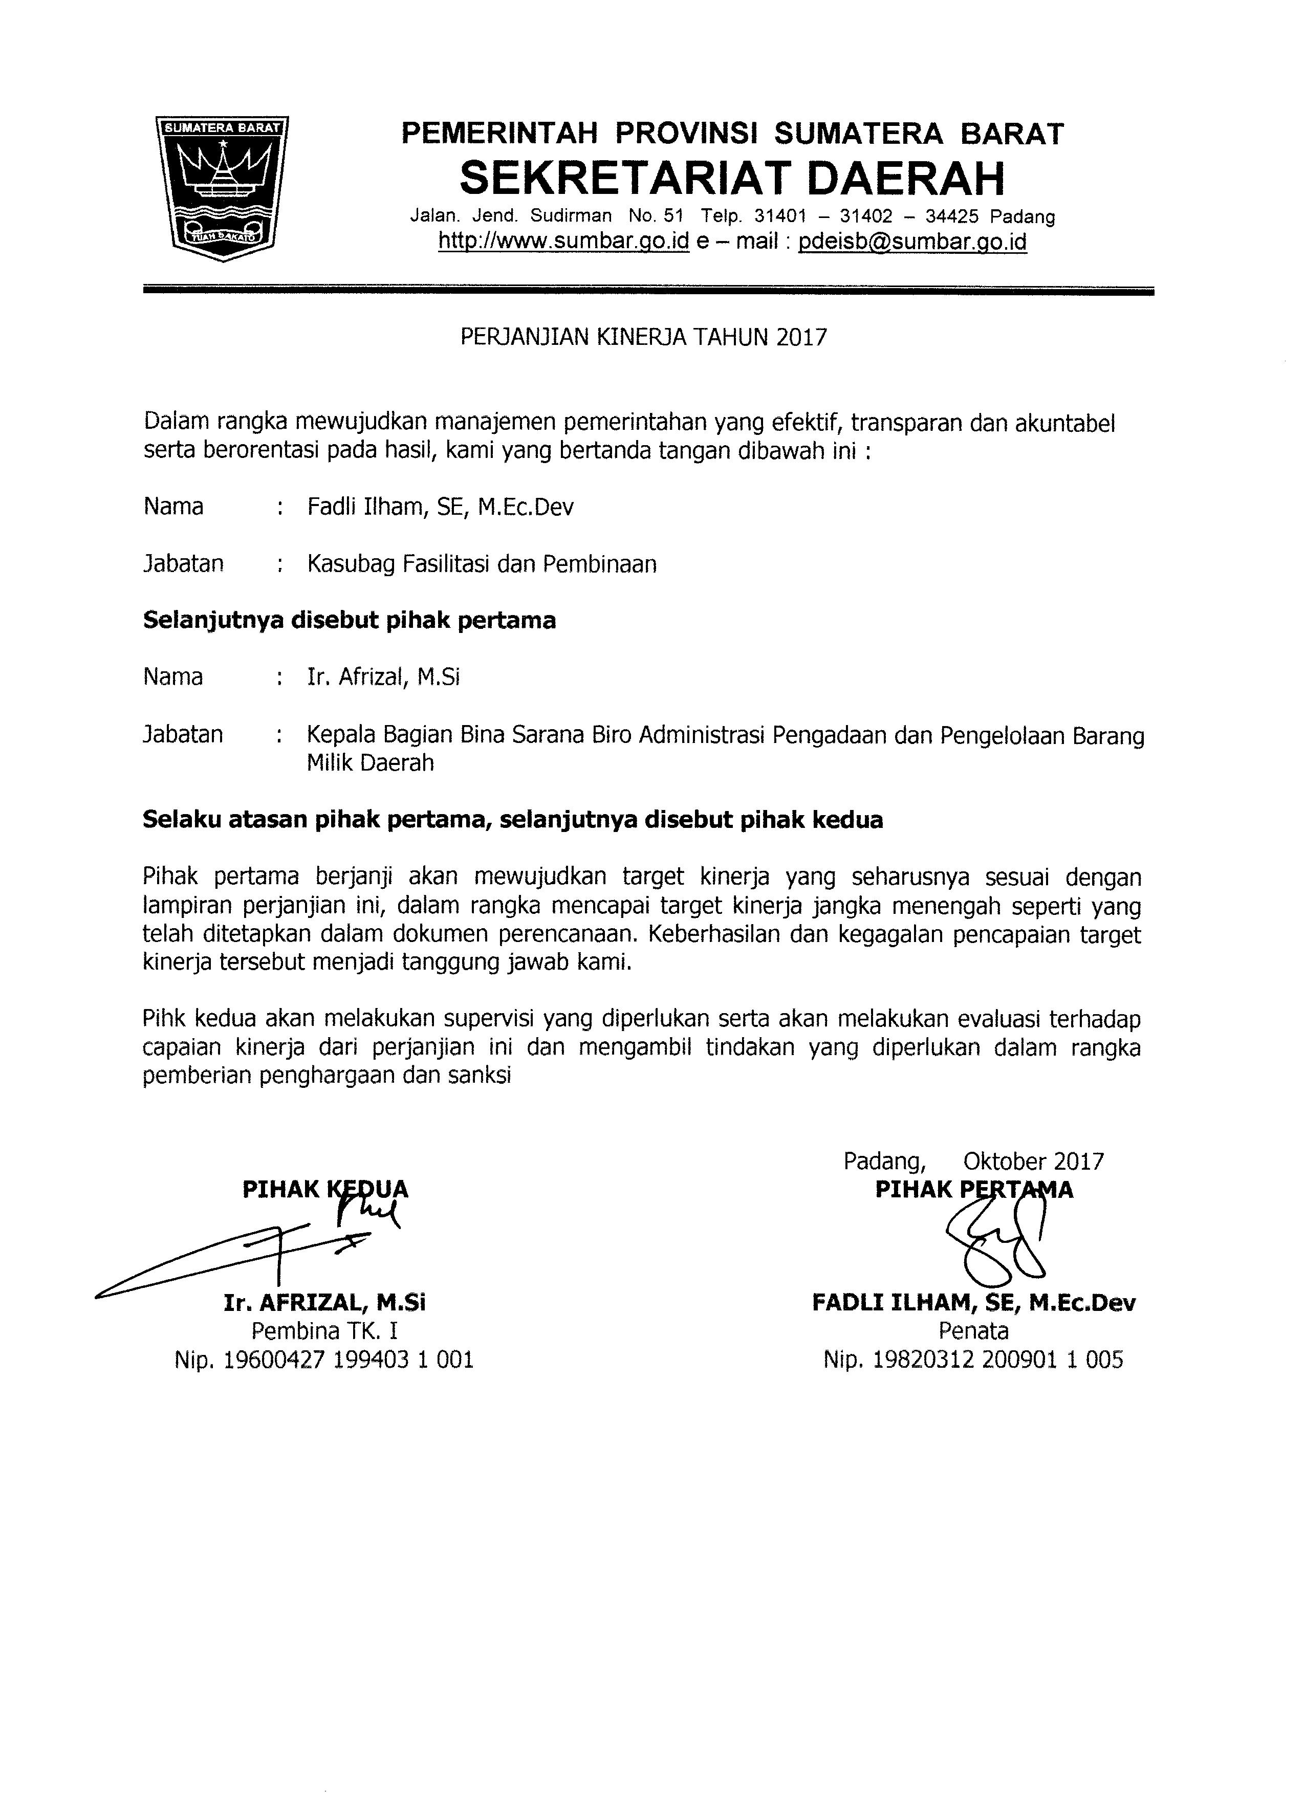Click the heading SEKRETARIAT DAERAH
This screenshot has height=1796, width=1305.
[732, 178]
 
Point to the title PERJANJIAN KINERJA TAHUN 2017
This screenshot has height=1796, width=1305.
[643, 338]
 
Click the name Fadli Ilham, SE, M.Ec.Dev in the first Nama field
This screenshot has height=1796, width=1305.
[440, 507]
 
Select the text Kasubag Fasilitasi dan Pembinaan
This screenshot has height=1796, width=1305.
[482, 564]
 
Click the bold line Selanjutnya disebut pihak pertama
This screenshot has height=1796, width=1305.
[349, 620]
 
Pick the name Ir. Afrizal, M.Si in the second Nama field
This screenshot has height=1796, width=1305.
[384, 677]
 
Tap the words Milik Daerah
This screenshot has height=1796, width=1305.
[371, 763]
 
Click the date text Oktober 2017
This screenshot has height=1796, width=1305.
[1033, 1161]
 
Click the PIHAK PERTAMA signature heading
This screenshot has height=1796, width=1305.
[974, 1190]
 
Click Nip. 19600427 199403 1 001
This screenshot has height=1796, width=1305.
[324, 1360]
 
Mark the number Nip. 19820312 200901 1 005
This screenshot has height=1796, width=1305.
[973, 1360]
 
